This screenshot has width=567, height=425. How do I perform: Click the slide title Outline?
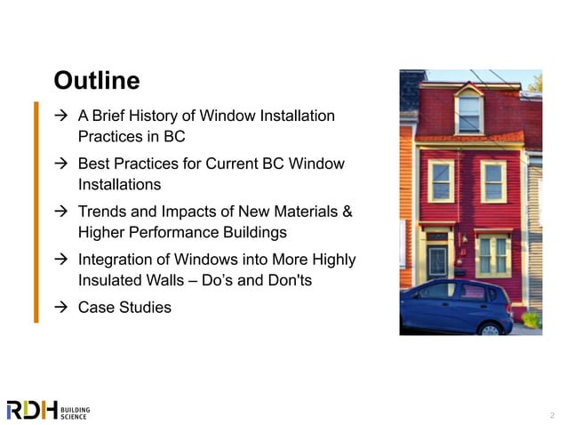click(x=97, y=81)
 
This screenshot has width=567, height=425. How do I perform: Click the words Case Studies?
click(x=124, y=308)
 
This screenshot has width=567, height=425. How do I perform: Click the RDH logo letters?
click(x=31, y=410)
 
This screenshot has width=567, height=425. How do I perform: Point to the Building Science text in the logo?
click(x=76, y=410)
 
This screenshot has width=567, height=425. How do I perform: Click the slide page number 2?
click(x=552, y=414)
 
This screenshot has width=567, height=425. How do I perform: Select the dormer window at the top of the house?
click(x=469, y=113)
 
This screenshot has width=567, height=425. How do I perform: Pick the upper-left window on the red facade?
click(x=441, y=180)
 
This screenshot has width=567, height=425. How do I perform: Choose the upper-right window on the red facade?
click(x=493, y=180)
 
